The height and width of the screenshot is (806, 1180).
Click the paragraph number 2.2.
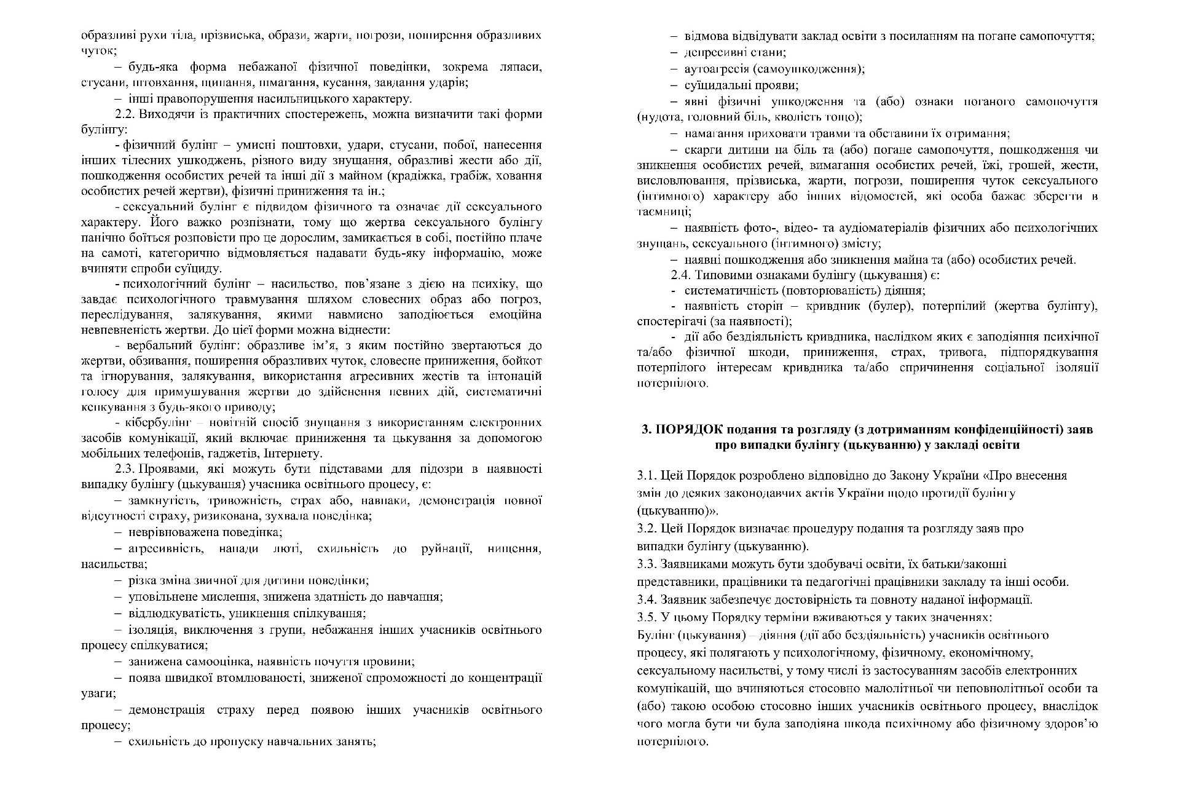coord(125,114)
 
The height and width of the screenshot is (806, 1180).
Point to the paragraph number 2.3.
coord(125,469)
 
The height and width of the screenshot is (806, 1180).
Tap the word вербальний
coord(155,346)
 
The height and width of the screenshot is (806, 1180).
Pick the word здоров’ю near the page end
coord(1075,724)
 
